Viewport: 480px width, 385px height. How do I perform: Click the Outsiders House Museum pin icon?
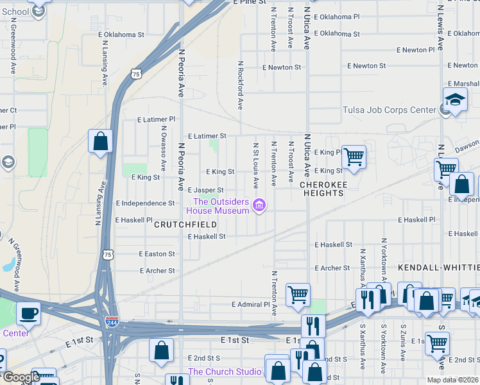tap(259, 205)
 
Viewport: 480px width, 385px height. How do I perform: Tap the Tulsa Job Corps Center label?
tap(389, 110)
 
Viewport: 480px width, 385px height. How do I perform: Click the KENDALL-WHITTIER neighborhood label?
tap(438, 266)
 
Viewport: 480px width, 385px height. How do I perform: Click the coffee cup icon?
tap(29, 313)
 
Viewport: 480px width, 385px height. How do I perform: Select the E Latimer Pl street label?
tap(156, 119)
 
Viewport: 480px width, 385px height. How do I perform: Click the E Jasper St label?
tap(205, 191)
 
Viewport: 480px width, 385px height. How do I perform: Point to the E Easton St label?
tap(157, 254)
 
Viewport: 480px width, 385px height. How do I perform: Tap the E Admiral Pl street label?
tap(250, 304)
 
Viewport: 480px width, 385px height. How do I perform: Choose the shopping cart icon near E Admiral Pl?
tap(298, 295)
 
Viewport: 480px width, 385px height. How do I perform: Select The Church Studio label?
tap(225, 372)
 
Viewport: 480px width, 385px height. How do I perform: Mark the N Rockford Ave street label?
tap(241, 85)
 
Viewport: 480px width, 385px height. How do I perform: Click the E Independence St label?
tap(145, 203)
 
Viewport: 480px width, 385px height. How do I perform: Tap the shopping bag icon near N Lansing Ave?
tap(100, 141)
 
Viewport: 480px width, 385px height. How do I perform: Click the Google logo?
tap(21, 377)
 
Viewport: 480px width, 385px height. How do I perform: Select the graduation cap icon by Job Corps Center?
tap(455, 99)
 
